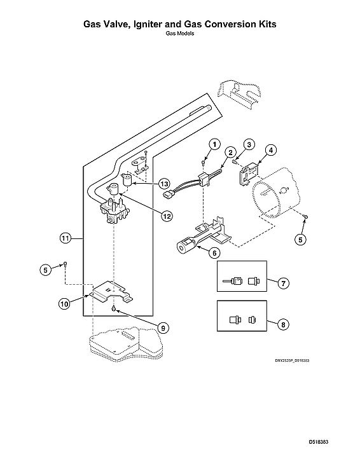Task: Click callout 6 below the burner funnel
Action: [214, 252]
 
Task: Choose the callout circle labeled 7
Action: [284, 281]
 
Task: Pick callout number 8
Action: [284, 324]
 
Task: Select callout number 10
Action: [64, 304]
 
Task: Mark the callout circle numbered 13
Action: [165, 183]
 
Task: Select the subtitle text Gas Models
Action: [179, 34]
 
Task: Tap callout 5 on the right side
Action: [300, 240]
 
